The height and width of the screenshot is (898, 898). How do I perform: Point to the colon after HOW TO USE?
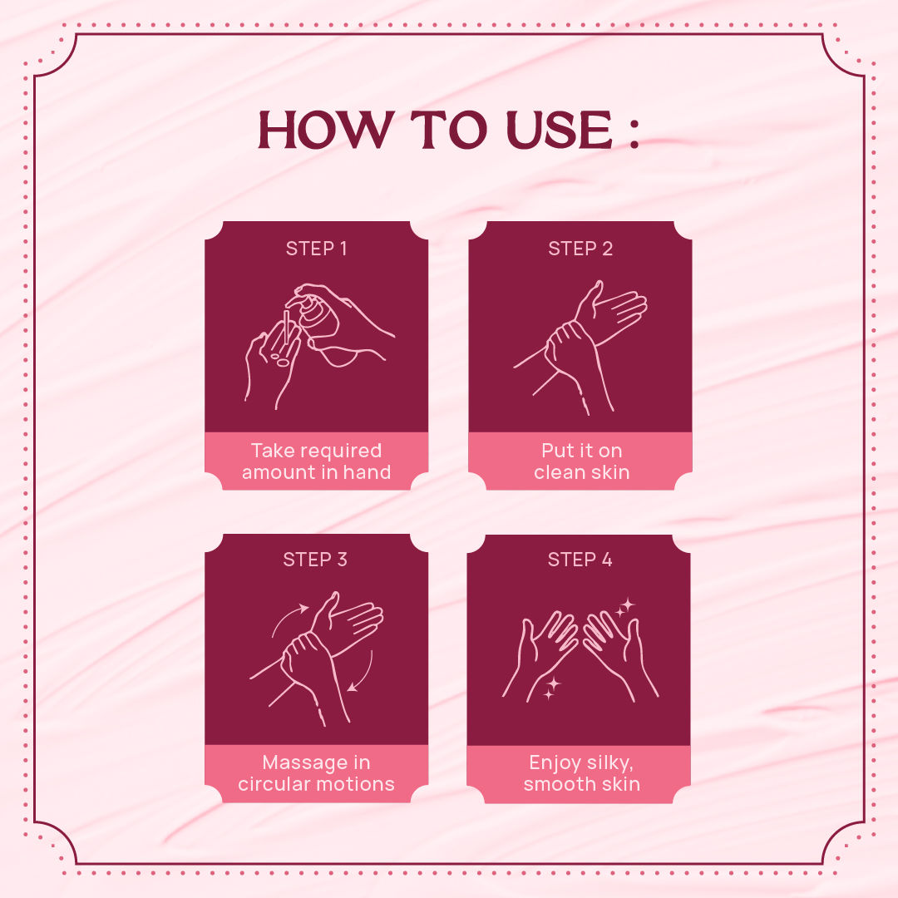[x=633, y=132]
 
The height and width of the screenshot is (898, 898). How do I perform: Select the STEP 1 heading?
[x=316, y=249]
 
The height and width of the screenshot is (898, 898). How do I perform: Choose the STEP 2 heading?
[x=580, y=249]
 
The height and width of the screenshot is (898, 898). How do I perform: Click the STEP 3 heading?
[x=315, y=560]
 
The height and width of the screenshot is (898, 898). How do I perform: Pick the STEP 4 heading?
[x=580, y=560]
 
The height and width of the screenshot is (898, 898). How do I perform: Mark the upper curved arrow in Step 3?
[x=285, y=617]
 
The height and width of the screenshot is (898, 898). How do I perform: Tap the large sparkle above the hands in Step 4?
[x=627, y=604]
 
